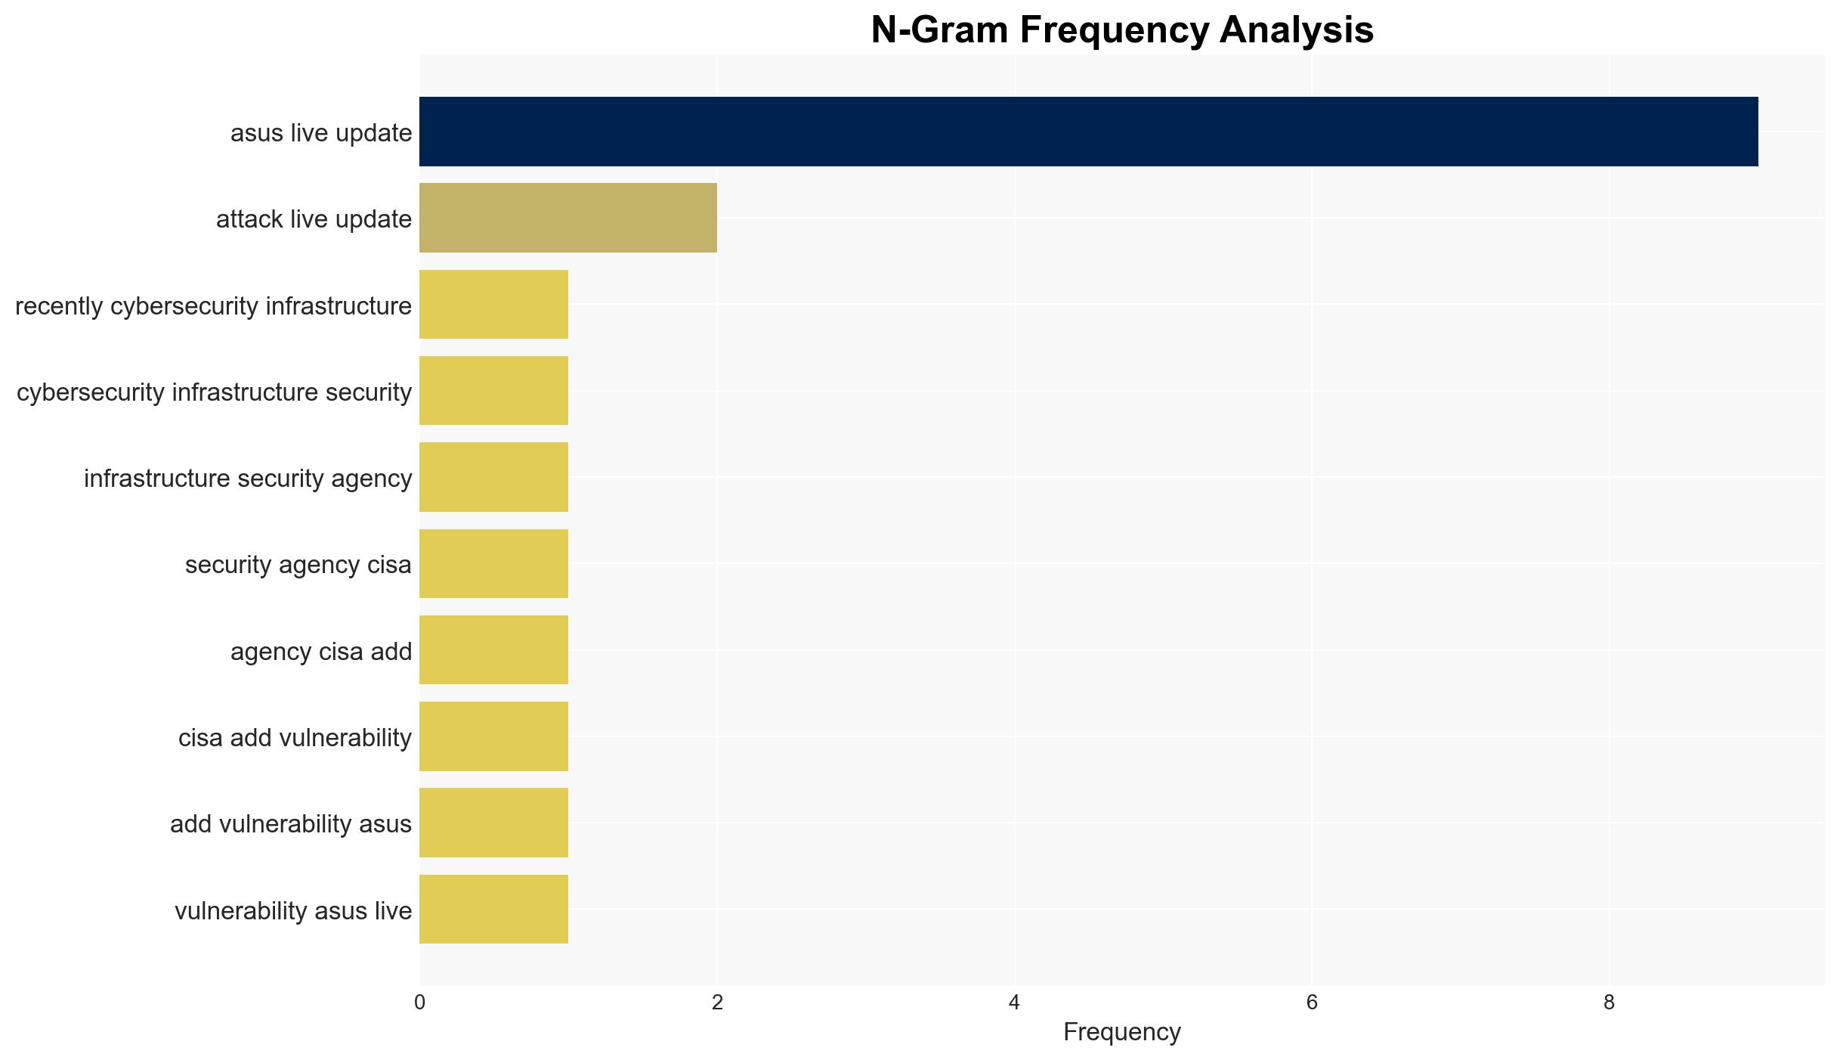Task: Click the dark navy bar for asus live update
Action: [1088, 132]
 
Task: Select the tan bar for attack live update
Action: [568, 218]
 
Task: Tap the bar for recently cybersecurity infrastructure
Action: [493, 305]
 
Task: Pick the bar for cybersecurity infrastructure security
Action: [493, 391]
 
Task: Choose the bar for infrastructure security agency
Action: [493, 477]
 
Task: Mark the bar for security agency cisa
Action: [493, 563]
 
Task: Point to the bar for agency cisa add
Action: [493, 650]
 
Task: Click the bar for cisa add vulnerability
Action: [493, 736]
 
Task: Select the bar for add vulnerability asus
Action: [493, 823]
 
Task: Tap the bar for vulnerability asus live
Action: [493, 910]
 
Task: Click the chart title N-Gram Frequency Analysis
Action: [1122, 30]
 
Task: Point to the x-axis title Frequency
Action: [1122, 1032]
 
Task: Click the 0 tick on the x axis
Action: [419, 1003]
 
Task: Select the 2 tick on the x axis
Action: [717, 1003]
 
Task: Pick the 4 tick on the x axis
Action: [1014, 1003]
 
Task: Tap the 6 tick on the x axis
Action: [1312, 1003]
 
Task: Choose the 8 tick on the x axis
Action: [1610, 1003]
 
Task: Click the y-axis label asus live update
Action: [321, 133]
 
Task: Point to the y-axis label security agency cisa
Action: [298, 565]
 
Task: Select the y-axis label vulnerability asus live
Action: [293, 911]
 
